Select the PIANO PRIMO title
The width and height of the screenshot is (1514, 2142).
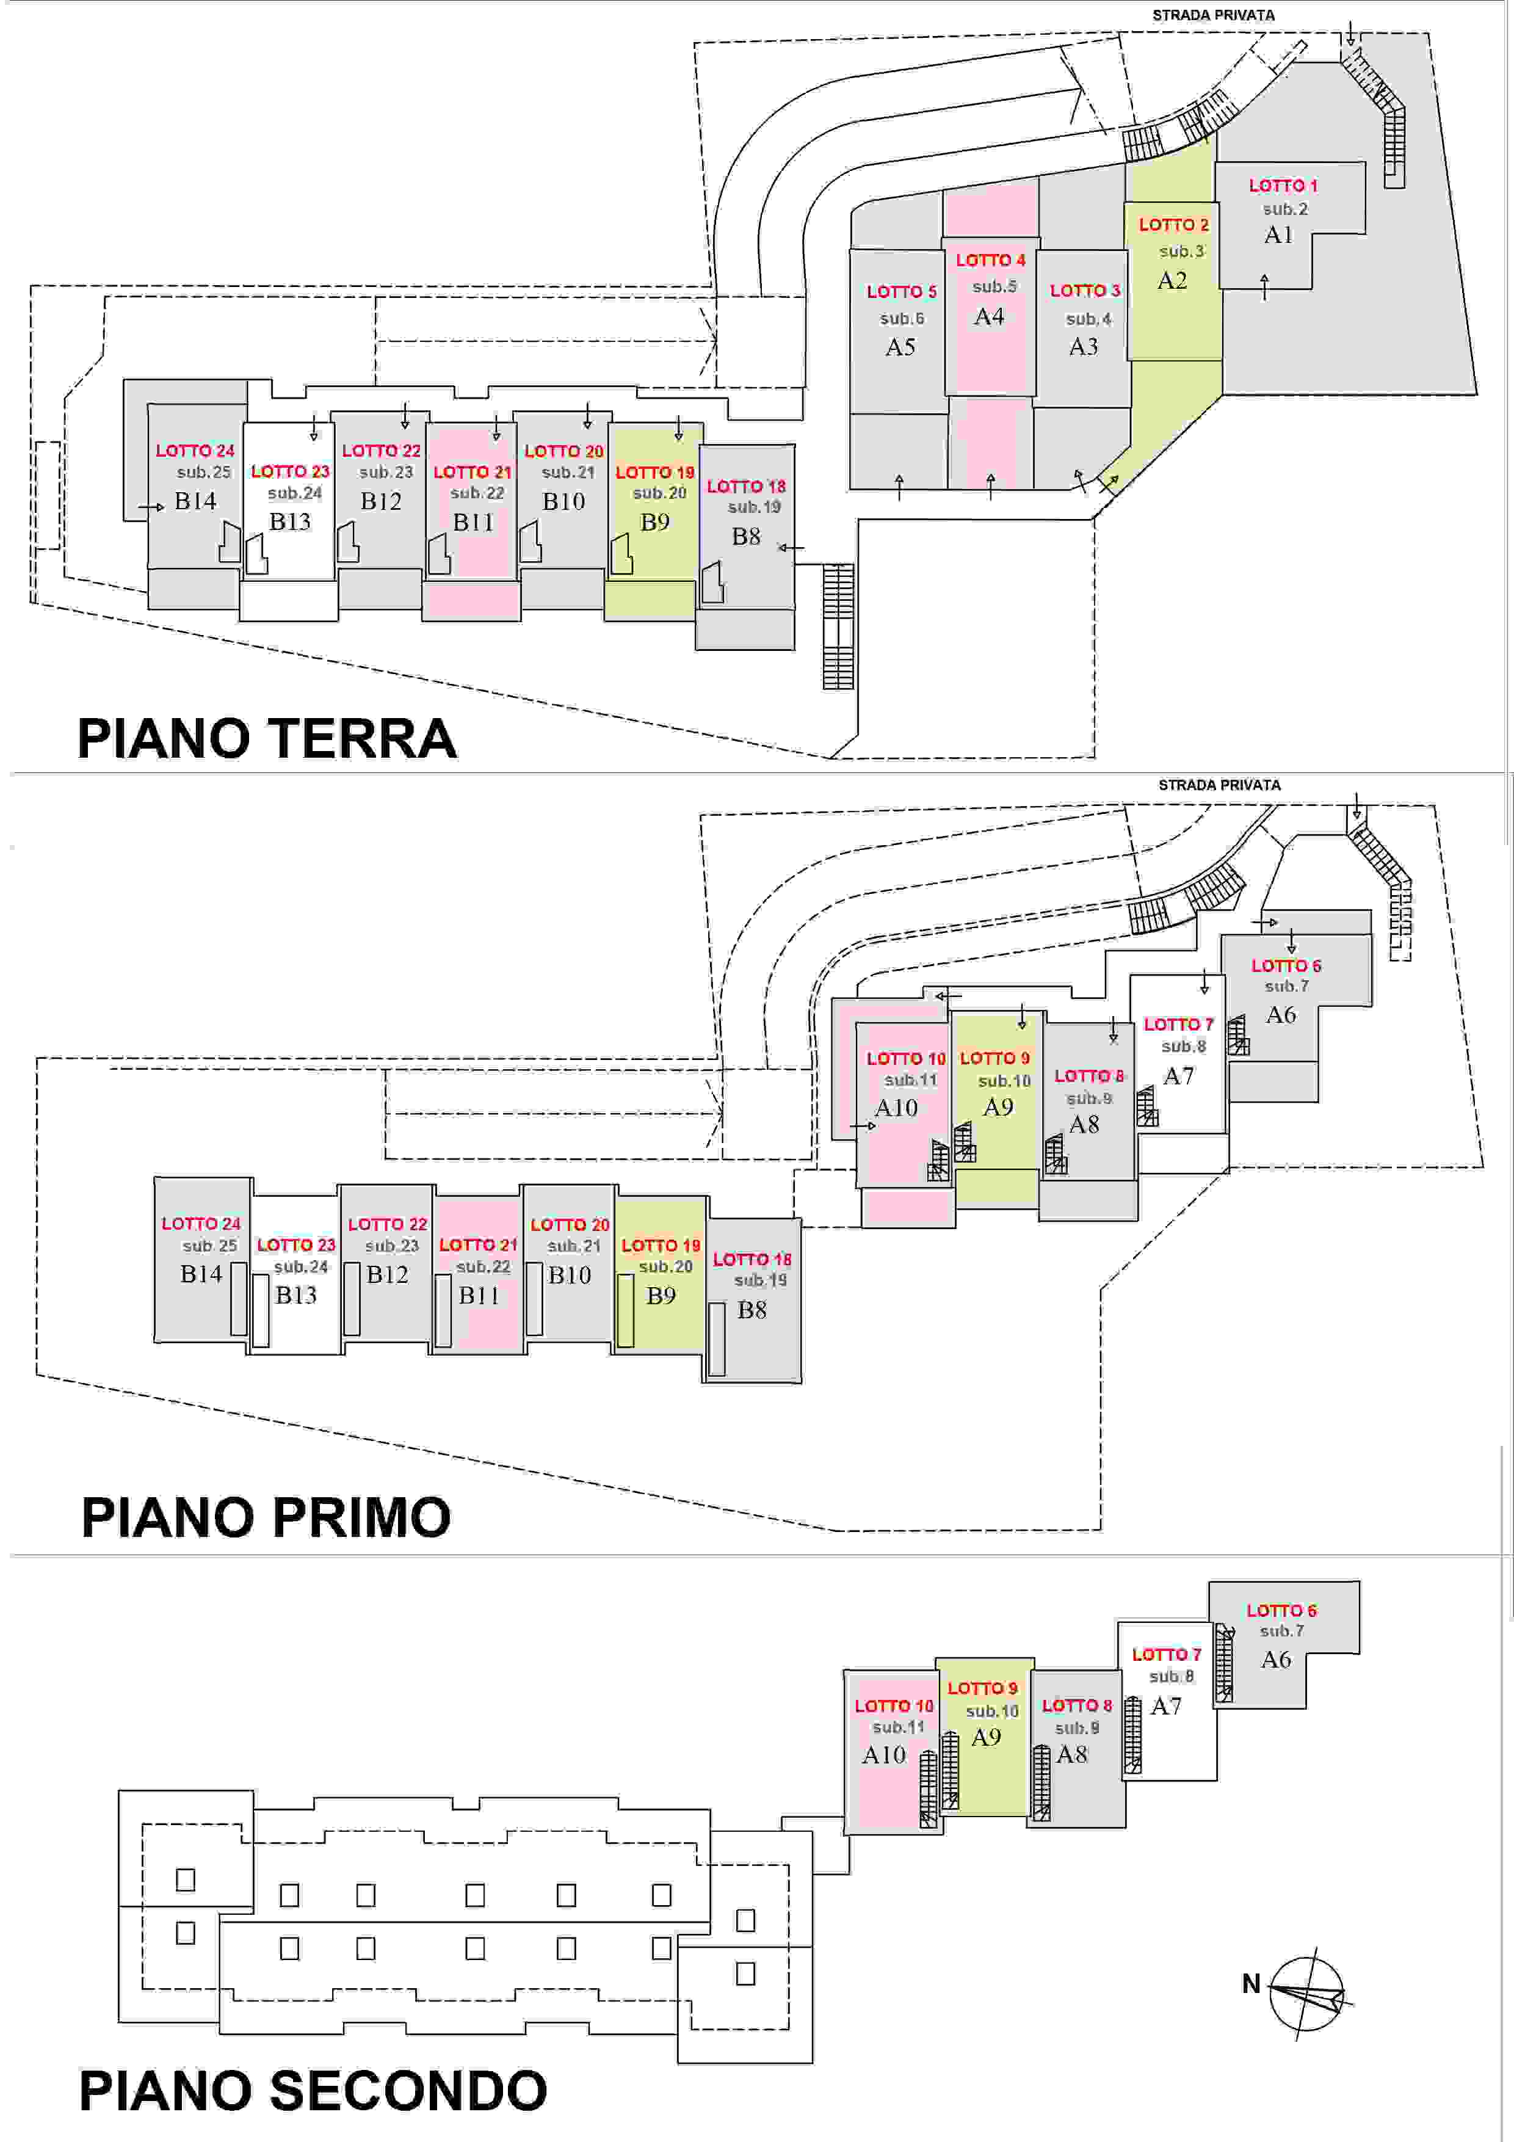coord(267,1516)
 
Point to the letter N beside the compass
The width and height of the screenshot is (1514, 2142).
coord(1251,1983)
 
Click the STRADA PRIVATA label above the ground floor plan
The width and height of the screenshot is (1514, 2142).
coord(1212,15)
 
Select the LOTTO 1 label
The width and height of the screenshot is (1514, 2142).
coord(1283,186)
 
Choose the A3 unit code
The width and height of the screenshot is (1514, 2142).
coord(1083,347)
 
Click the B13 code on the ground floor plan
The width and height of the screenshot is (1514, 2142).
coord(290,521)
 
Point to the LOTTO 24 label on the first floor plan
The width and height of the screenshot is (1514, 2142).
coord(201,1223)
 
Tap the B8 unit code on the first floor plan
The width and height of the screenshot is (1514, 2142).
coord(752,1310)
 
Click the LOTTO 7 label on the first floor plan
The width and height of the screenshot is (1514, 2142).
coord(1178,1025)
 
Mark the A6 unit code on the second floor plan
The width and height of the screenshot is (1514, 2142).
coord(1276,1660)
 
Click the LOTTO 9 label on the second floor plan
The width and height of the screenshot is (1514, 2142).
coord(982,1688)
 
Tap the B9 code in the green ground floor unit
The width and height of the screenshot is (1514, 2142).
coord(655,523)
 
